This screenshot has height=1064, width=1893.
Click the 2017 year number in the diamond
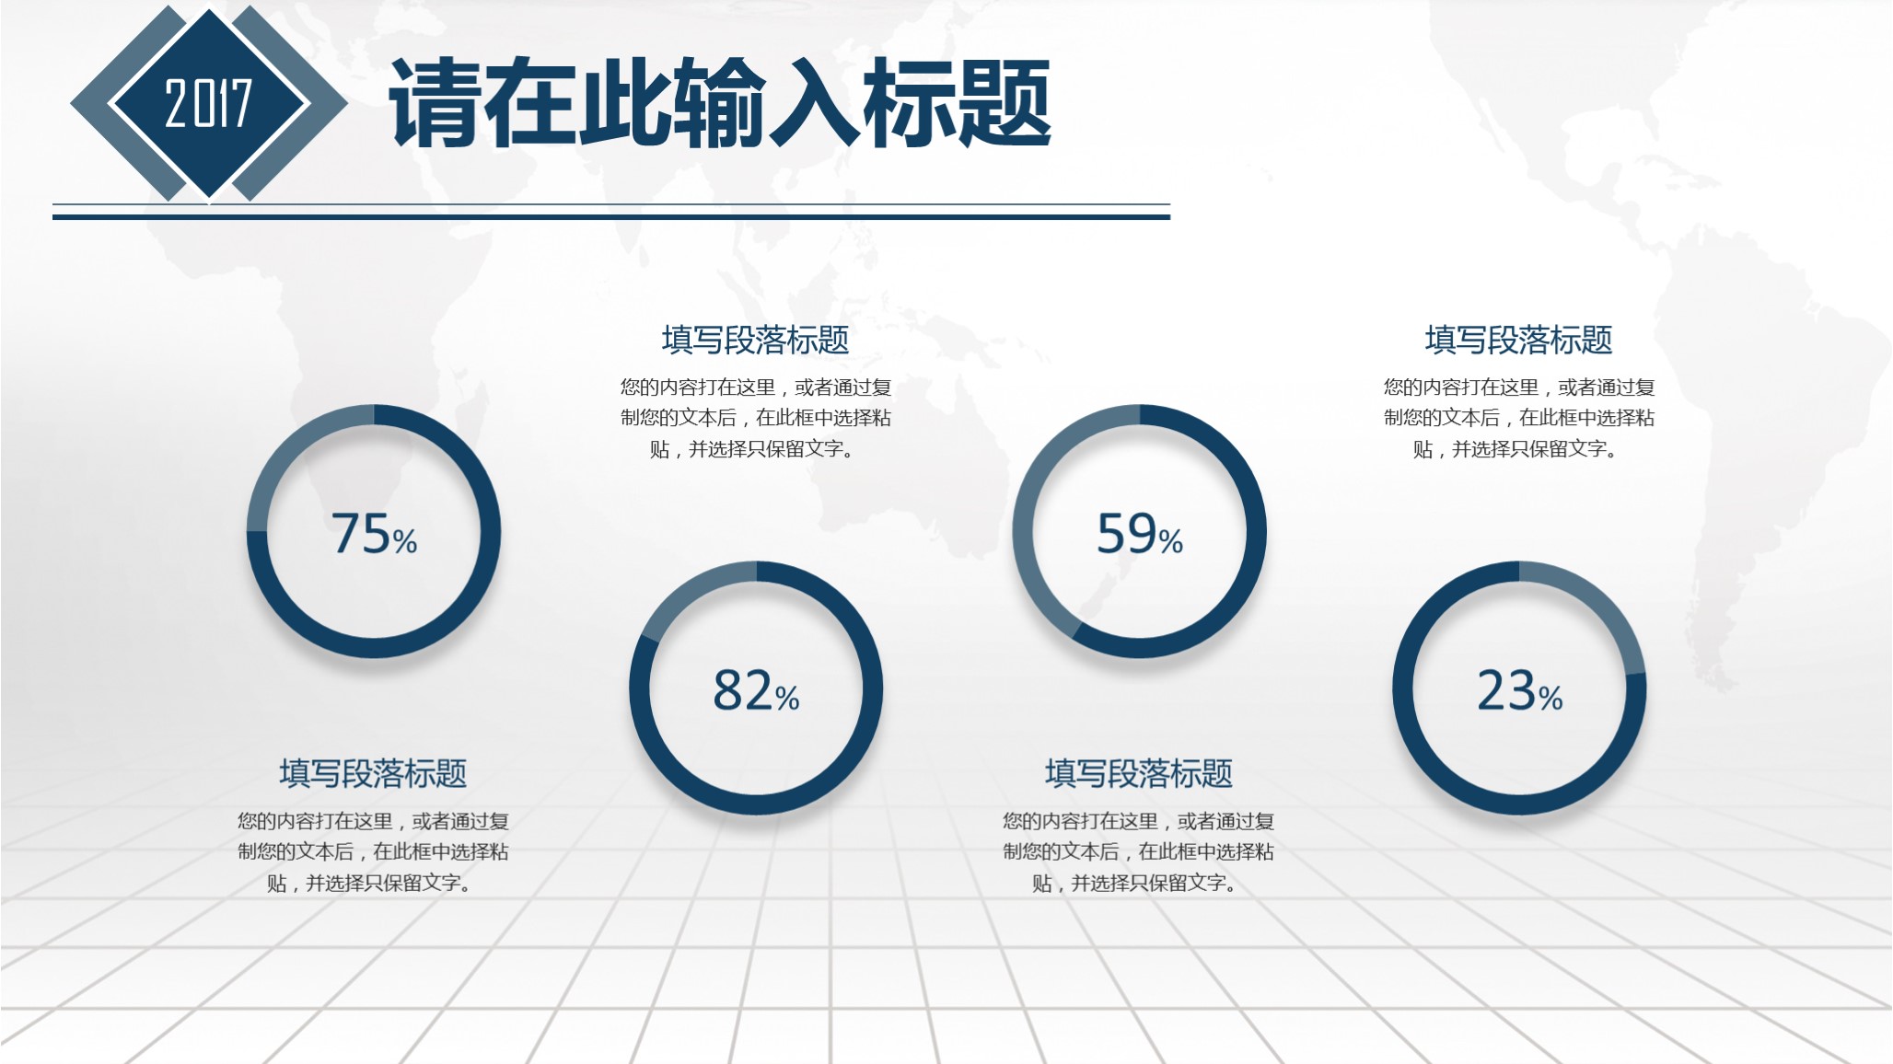click(208, 103)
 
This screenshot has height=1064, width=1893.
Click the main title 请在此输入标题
click(720, 103)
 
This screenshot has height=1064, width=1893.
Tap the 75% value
click(373, 534)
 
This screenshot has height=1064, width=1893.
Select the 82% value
click(755, 691)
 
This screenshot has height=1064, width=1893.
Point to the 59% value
click(1139, 534)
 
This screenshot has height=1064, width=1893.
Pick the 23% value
click(1519, 691)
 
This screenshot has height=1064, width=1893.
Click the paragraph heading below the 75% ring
click(373, 773)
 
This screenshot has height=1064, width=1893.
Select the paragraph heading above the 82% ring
click(755, 340)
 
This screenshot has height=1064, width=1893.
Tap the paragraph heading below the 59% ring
click(1139, 773)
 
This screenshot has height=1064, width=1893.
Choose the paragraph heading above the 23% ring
click(1519, 340)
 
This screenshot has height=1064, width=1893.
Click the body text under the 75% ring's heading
click(373, 851)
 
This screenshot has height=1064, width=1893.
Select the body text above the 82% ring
click(755, 418)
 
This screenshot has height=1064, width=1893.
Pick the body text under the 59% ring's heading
click(1139, 851)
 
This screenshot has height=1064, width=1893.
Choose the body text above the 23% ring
click(1519, 418)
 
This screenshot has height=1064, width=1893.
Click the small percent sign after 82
click(787, 699)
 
